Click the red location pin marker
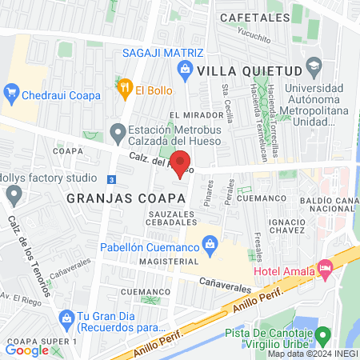[181, 164]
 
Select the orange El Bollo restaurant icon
[124, 90]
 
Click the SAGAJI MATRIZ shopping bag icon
[186, 70]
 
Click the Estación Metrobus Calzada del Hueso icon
[118, 131]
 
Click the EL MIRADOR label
[190, 115]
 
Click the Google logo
[27, 350]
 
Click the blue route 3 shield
[110, 178]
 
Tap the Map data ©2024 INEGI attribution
[311, 354]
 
